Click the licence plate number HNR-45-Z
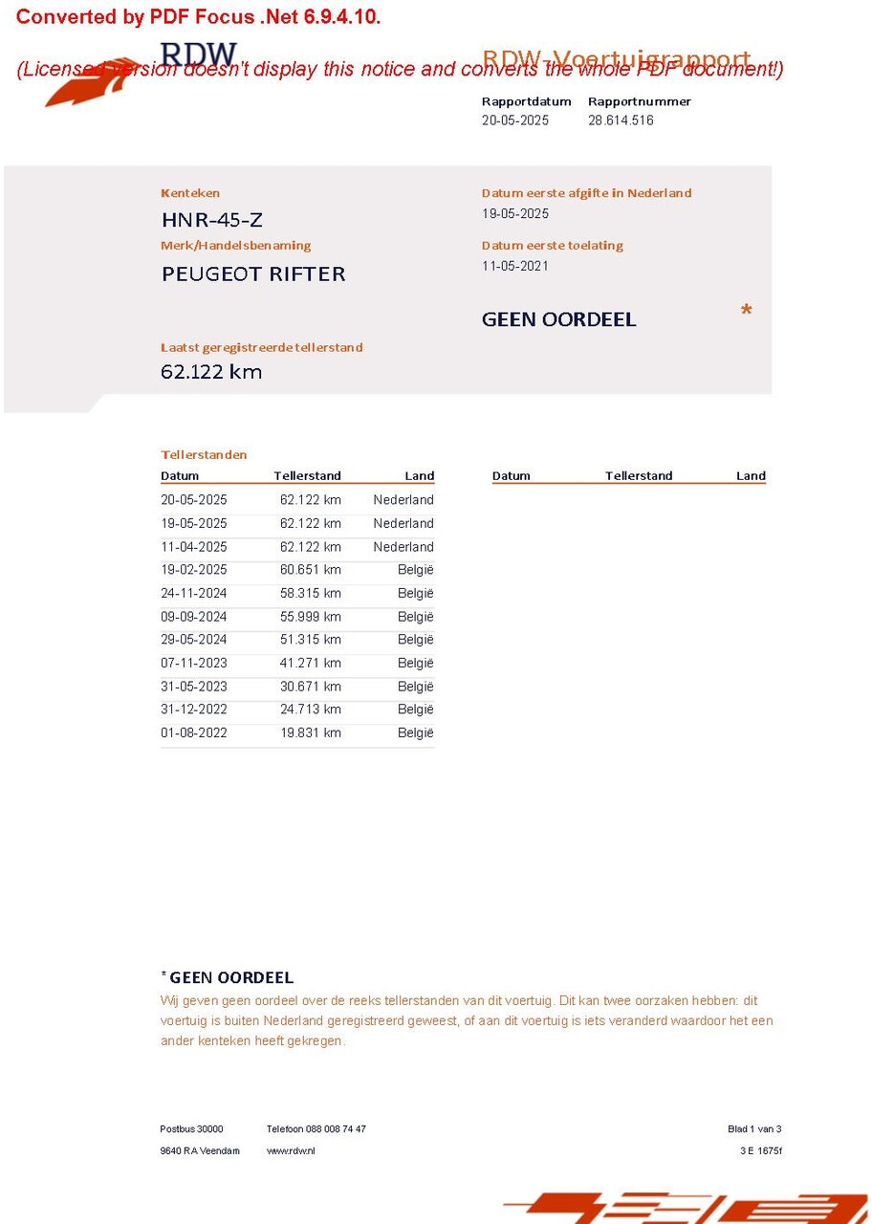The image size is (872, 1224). (211, 220)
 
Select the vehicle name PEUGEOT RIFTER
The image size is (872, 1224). (253, 274)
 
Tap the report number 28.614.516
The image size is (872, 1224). (621, 120)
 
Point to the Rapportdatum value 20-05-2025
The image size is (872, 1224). (515, 120)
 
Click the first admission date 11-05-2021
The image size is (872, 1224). (515, 266)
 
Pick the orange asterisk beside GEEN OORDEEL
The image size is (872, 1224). (746, 312)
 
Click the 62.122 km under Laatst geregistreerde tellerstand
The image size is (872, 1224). (211, 372)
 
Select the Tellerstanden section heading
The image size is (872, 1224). (204, 454)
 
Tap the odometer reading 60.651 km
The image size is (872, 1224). (310, 570)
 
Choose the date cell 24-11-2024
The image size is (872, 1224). (194, 593)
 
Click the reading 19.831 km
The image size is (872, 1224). (310, 732)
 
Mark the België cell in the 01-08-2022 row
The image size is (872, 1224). (415, 732)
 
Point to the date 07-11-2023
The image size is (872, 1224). (194, 663)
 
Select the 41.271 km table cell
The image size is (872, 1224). (310, 663)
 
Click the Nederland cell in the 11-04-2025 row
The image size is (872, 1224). (403, 547)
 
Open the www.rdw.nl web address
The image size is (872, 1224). (291, 1150)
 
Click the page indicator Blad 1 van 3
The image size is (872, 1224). (754, 1129)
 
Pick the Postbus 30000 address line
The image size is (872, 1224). (191, 1129)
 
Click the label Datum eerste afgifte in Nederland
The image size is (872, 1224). (586, 193)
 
